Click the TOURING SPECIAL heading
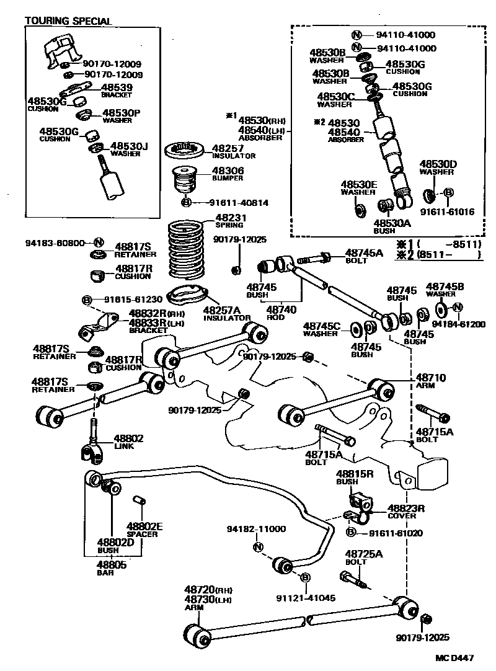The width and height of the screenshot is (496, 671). pos(68,21)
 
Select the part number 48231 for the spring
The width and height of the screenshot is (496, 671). pos(231,218)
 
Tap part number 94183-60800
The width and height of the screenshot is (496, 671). pos(55,243)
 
